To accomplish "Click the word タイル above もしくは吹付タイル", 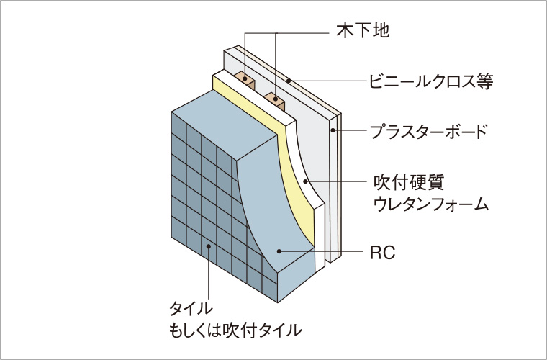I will pyautogui.click(x=191, y=308).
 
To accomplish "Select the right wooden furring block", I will pyautogui.click(x=275, y=97).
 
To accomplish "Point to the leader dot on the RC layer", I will pyautogui.click(x=280, y=251).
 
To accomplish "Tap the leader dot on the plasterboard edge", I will pyautogui.click(x=333, y=131).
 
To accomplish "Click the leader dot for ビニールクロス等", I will pyautogui.click(x=289, y=81).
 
